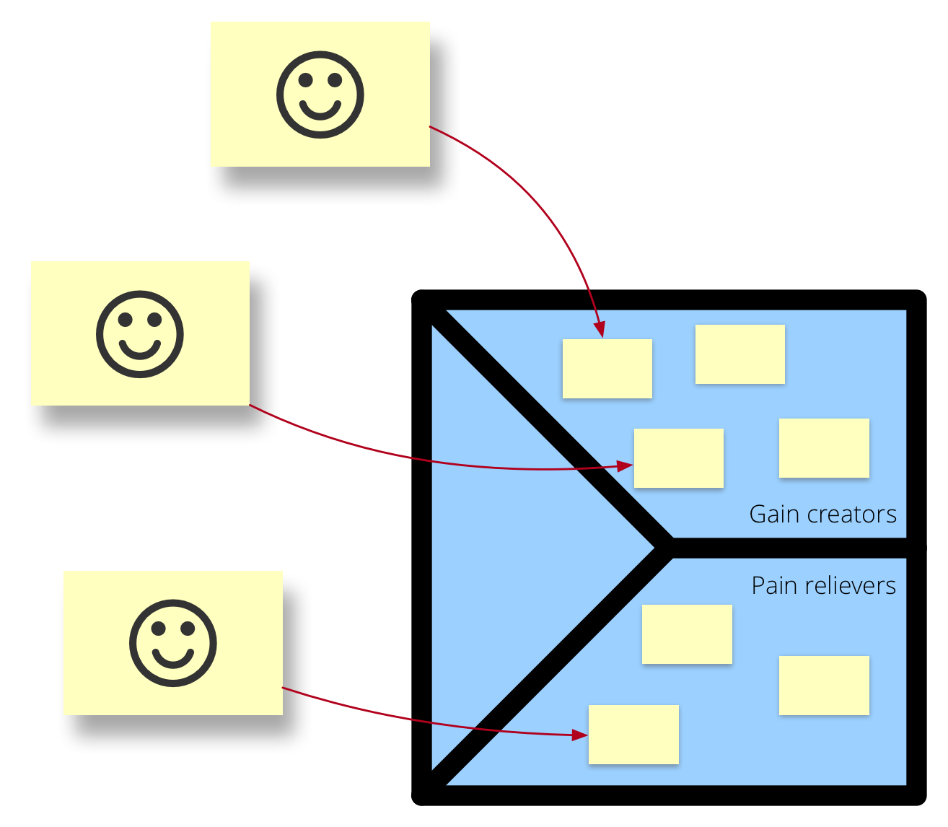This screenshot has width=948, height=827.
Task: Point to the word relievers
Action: (x=851, y=585)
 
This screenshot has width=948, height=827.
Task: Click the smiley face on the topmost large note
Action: (x=320, y=95)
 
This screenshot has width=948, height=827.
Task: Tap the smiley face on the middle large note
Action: (x=140, y=334)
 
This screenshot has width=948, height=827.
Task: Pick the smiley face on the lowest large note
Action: (x=173, y=642)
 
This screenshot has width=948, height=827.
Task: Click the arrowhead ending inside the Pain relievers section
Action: (x=580, y=735)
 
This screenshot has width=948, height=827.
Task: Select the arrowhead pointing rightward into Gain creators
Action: (x=625, y=466)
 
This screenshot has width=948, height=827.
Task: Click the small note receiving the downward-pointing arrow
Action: (x=607, y=368)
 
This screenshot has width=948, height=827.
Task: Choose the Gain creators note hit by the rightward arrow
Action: (x=678, y=458)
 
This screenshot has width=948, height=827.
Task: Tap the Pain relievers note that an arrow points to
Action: (x=633, y=734)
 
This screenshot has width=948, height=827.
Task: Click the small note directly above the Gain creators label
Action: (x=824, y=447)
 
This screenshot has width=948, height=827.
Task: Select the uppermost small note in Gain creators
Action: (x=739, y=354)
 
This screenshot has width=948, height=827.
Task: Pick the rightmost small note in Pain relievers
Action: (x=824, y=685)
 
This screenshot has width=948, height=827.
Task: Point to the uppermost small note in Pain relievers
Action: (x=687, y=634)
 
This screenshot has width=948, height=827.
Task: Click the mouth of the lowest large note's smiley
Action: (x=173, y=657)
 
